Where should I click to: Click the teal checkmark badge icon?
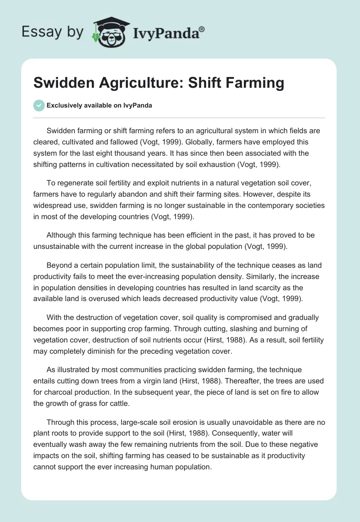(39, 105)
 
